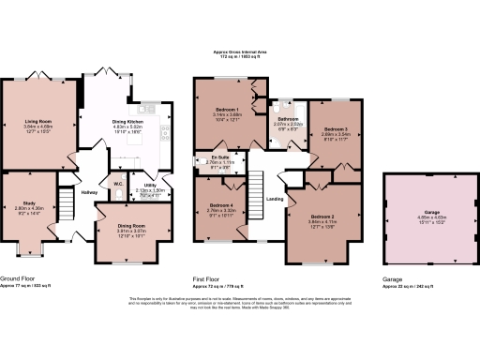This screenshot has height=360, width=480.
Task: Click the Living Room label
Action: coord(37,121)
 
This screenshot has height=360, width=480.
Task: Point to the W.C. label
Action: coord(118,184)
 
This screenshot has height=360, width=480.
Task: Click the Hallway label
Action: coord(89,193)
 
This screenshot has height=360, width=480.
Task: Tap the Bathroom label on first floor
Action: coord(287,119)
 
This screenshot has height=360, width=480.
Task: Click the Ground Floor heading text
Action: coord(19,278)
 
